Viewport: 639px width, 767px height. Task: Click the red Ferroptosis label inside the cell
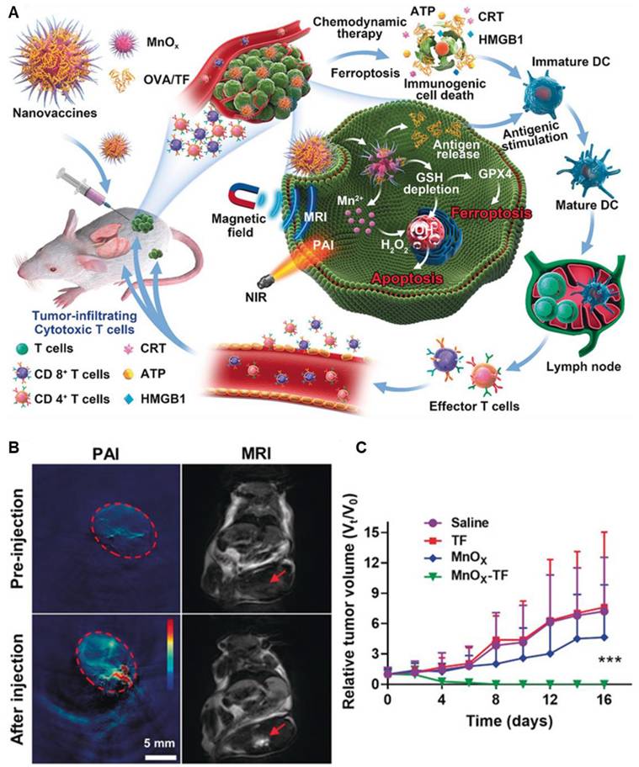tap(491, 214)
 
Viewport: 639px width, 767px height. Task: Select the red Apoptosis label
tap(407, 278)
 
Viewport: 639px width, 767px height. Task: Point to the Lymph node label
tap(583, 366)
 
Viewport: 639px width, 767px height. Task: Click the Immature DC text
tap(571, 62)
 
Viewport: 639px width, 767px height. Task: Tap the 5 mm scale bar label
tap(159, 743)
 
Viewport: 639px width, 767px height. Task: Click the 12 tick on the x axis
tap(551, 699)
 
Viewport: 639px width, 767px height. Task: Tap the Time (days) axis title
tap(509, 720)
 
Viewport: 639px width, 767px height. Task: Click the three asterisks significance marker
tap(610, 660)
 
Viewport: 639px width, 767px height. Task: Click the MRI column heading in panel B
tap(256, 453)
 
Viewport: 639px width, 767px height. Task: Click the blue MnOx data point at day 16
tap(604, 637)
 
